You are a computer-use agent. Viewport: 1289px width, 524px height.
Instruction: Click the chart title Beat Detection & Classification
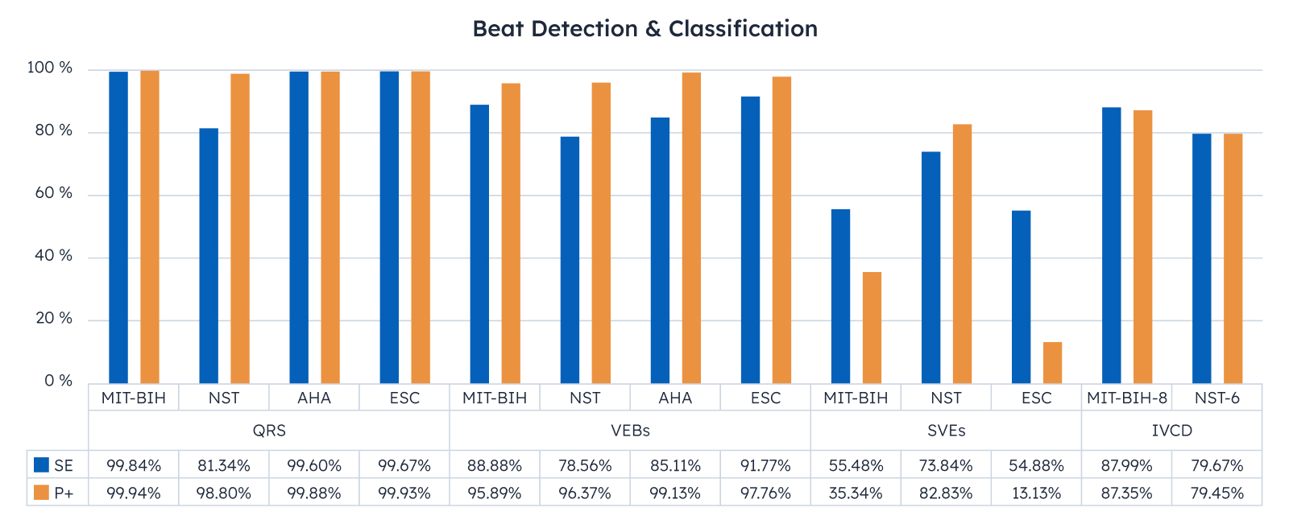[x=644, y=29]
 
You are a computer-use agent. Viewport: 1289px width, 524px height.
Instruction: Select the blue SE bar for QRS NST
[x=209, y=255]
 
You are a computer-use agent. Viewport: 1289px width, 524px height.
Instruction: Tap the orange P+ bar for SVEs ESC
[x=1052, y=362]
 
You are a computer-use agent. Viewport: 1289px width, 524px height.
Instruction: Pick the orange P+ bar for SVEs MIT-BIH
[x=872, y=328]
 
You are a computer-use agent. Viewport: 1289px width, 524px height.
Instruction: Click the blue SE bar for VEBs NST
[x=570, y=259]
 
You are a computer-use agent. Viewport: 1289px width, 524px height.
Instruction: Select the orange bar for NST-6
[x=1233, y=258]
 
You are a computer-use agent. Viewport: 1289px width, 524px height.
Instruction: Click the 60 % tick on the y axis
[x=50, y=193]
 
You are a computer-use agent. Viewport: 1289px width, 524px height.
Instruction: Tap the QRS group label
[x=269, y=431]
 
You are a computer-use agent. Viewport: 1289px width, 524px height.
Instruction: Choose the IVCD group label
[x=1171, y=431]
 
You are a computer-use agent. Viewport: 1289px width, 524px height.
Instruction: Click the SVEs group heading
[x=946, y=431]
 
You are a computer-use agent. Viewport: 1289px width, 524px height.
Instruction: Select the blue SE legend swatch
[x=42, y=465]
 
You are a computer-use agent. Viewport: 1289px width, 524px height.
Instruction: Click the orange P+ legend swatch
[x=42, y=493]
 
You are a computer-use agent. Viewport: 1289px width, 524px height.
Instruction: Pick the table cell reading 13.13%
[x=1036, y=493]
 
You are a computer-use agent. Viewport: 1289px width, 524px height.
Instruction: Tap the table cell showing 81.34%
[x=224, y=465]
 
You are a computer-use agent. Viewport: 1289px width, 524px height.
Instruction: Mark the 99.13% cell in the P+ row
[x=675, y=493]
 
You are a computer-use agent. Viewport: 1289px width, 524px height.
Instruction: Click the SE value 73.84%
[x=946, y=465]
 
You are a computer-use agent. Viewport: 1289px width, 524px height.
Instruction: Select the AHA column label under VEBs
[x=675, y=398]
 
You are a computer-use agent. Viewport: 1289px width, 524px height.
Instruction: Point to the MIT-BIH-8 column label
[x=1126, y=398]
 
